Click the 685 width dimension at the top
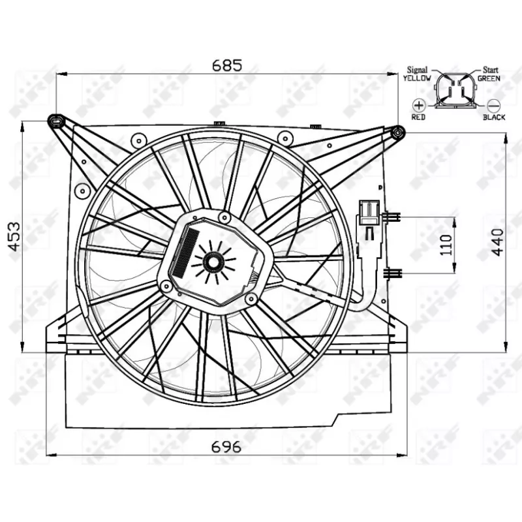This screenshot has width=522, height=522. click(227, 65)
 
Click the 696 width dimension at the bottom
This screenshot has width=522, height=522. click(227, 447)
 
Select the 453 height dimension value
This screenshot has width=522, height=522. click(14, 238)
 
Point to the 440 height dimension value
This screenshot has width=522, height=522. click(497, 242)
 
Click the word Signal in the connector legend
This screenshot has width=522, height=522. click(417, 69)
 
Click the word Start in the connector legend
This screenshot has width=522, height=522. click(490, 69)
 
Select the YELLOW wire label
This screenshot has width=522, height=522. click(417, 78)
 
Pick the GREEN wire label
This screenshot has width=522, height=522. click(489, 78)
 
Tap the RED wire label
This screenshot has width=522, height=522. click(418, 117)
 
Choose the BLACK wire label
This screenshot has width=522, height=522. click(494, 117)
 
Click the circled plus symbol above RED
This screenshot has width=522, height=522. click(418, 104)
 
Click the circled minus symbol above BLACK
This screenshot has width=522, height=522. click(493, 104)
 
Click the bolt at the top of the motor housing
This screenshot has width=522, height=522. click(224, 217)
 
